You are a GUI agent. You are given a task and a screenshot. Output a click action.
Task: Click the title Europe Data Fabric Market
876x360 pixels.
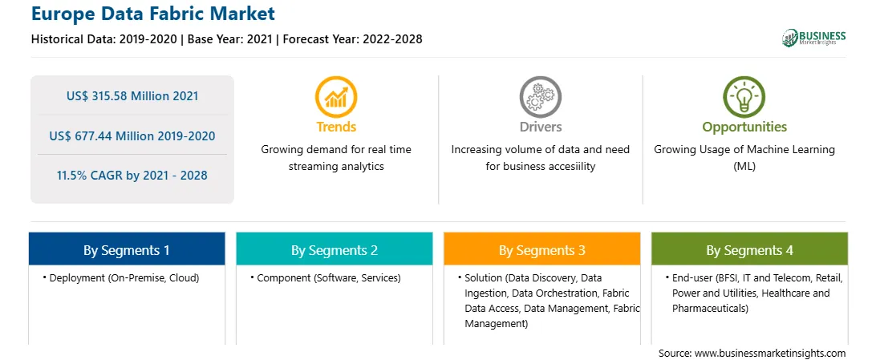click(x=153, y=14)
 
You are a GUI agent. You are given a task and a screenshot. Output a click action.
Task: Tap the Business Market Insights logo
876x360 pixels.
click(x=814, y=38)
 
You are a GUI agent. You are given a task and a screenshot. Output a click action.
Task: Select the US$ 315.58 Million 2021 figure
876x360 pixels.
click(x=132, y=96)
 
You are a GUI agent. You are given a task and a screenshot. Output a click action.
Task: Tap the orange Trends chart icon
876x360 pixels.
click(x=336, y=97)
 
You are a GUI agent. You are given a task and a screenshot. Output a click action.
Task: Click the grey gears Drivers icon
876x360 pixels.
click(x=540, y=97)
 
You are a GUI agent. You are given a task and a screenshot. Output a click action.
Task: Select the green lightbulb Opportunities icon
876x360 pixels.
click(x=744, y=97)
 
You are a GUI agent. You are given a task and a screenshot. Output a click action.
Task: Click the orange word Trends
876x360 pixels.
click(x=336, y=127)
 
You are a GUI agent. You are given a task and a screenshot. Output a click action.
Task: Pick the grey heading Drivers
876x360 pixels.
click(x=541, y=127)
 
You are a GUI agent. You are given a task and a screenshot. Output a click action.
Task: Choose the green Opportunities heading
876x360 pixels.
click(x=744, y=127)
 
